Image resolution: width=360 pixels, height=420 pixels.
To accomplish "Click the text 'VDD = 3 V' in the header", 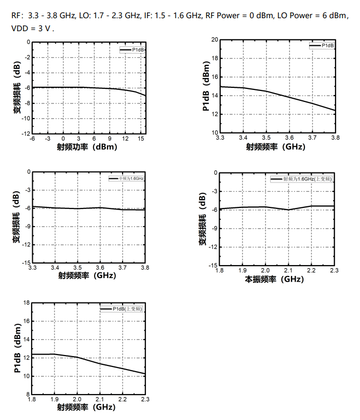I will [x=32, y=28].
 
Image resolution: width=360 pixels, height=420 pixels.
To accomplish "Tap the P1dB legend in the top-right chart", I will [x=323, y=46].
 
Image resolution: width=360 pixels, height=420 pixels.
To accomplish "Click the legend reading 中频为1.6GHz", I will [x=127, y=178].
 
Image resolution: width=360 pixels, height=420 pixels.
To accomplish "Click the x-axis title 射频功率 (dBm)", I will [x=87, y=147].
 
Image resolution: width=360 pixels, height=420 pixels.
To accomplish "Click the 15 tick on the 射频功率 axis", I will [x=140, y=139].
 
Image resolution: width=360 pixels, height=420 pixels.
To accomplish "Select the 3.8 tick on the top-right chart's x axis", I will [x=335, y=138].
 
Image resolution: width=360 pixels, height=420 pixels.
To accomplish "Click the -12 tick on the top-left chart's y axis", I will [x=25, y=134].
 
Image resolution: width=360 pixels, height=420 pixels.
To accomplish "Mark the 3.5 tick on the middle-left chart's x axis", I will [x=77, y=267].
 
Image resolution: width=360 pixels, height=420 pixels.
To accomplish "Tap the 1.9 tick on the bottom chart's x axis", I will [x=54, y=399].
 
